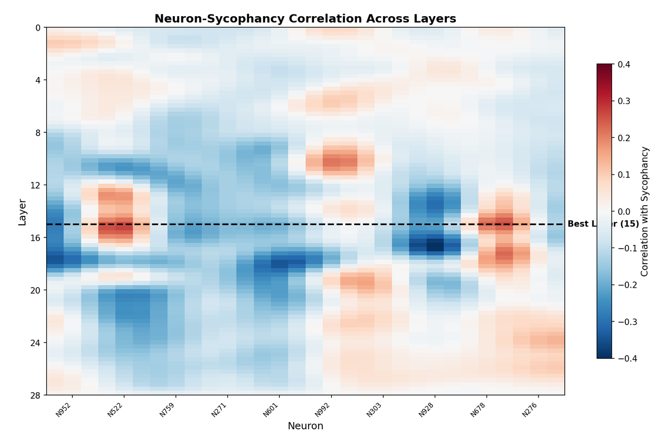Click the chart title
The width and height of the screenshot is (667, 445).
pos(305,19)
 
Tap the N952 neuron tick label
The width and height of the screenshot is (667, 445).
pos(64,410)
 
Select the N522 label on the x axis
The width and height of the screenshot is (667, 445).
pos(116,410)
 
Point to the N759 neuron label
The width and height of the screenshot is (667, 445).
pos(168,410)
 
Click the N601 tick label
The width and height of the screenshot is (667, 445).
pos(271,410)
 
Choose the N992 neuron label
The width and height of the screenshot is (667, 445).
pos(323,410)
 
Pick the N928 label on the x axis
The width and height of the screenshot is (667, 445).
pos(427,410)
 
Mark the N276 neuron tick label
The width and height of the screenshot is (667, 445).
pos(530,410)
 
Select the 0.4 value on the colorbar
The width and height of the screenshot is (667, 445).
pos(623,65)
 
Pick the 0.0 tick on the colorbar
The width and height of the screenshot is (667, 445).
pos(623,211)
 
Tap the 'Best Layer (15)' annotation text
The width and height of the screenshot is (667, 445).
pos(603,224)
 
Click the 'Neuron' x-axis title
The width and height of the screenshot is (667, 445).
pos(305,427)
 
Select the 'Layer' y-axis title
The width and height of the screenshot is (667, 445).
pos(22,211)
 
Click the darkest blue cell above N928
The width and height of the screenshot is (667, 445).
pos(435,245)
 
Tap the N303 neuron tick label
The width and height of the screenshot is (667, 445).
pos(375,410)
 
